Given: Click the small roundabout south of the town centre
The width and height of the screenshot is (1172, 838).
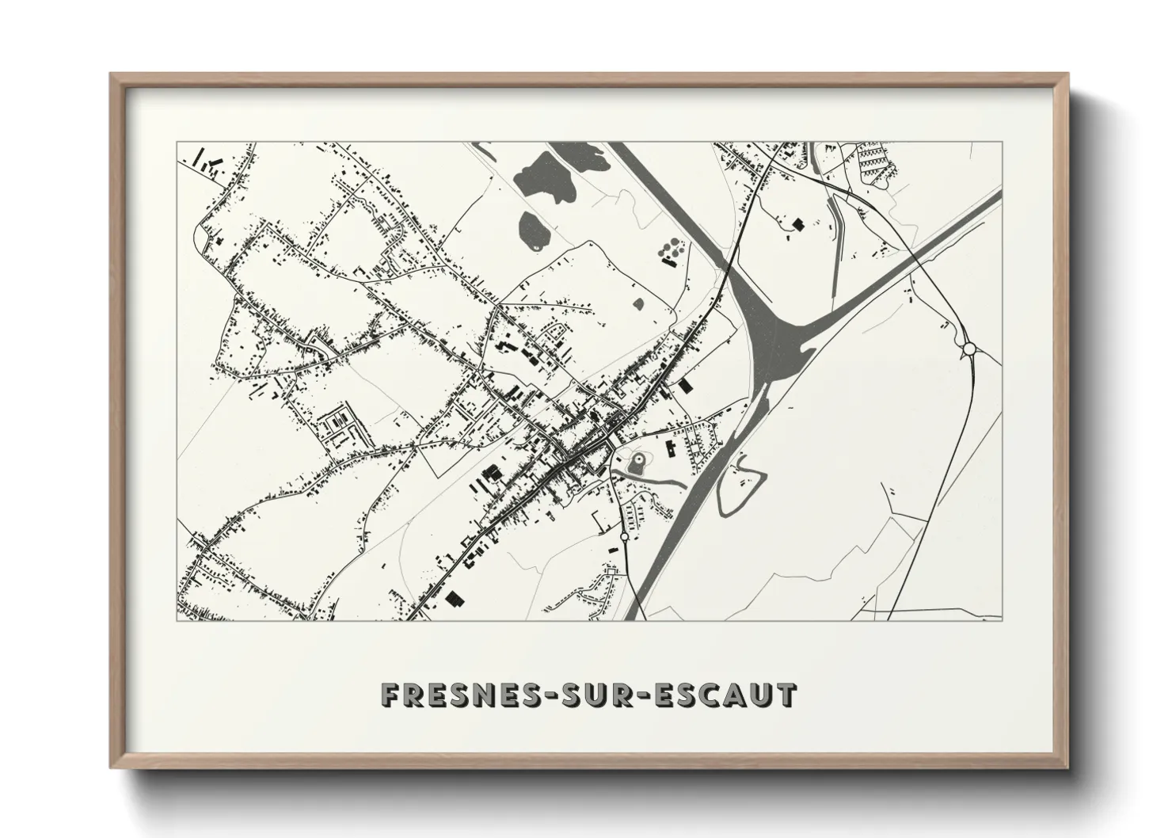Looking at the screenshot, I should pyautogui.click(x=624, y=536).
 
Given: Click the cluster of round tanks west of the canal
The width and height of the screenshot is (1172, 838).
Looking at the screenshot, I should pyautogui.click(x=670, y=251).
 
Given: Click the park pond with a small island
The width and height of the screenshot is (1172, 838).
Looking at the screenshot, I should pyautogui.click(x=638, y=461).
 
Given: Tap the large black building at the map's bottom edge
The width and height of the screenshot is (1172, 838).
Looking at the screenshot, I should pyautogui.click(x=455, y=598).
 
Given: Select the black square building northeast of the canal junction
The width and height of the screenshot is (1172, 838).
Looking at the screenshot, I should pyautogui.click(x=797, y=224).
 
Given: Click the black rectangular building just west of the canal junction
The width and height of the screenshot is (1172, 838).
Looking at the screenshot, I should pyautogui.click(x=685, y=385).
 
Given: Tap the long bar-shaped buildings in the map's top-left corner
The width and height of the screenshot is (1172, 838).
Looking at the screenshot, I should pyautogui.click(x=207, y=164).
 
